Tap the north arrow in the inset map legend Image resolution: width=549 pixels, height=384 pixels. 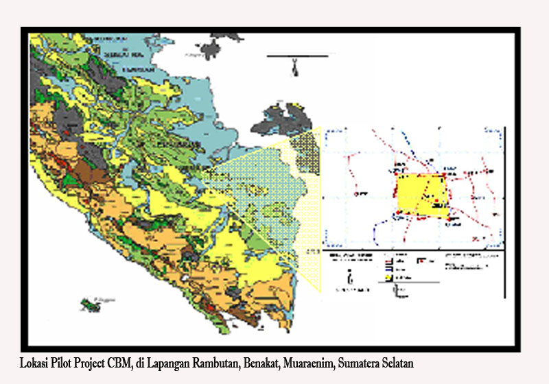351,278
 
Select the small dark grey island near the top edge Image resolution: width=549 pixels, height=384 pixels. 214,48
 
